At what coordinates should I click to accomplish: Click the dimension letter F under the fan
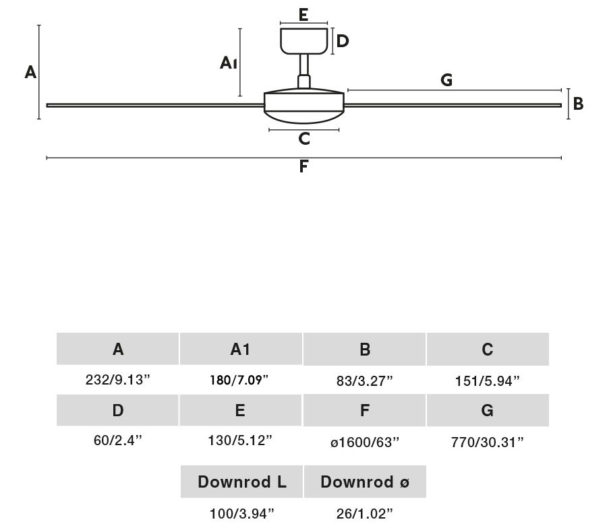click(303, 166)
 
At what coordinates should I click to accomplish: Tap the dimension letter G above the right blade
click(446, 80)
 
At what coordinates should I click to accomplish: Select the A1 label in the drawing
click(229, 63)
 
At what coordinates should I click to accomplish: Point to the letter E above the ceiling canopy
click(303, 15)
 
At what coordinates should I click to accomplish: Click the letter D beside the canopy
click(343, 41)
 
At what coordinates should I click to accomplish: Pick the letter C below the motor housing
click(304, 139)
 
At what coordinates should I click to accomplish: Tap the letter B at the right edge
click(578, 104)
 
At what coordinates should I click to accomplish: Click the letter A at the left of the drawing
click(30, 72)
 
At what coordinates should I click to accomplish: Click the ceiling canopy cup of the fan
click(303, 40)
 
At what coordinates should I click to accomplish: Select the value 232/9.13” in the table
click(118, 379)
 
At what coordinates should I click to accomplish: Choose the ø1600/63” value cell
click(365, 442)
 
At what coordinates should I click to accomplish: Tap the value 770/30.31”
click(487, 442)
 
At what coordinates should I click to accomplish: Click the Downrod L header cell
click(242, 482)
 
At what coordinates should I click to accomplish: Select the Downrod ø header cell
click(365, 482)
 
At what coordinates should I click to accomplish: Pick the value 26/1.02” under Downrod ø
click(365, 514)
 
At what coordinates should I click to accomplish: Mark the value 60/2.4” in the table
click(118, 440)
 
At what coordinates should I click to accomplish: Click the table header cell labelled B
click(365, 349)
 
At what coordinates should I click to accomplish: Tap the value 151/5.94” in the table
click(487, 381)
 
